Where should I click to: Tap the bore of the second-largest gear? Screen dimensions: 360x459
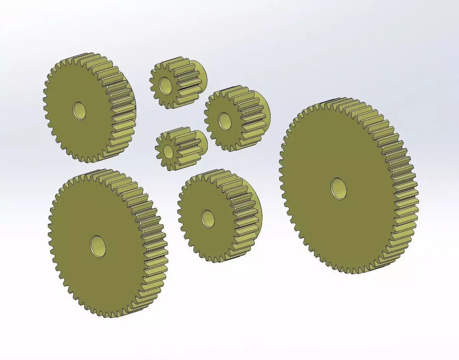tap(98, 245)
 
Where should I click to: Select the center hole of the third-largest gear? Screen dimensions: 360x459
tap(79, 110)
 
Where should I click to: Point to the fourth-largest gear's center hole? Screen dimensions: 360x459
tap(208, 218)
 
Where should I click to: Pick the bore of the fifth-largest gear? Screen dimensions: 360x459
tap(225, 120)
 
